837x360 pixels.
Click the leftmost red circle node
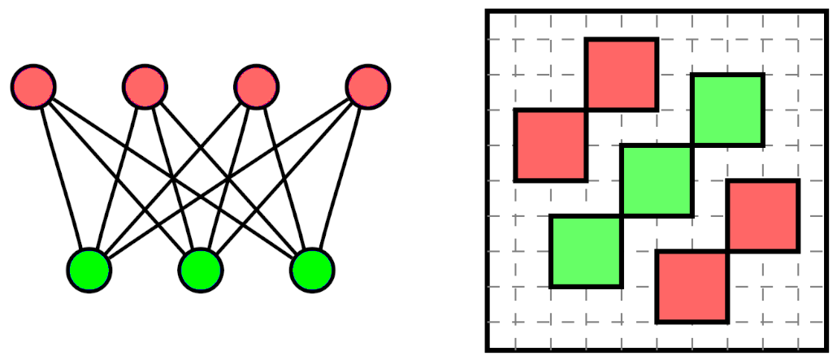(33, 86)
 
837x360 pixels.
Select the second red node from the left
(145, 86)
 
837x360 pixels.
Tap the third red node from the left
(257, 86)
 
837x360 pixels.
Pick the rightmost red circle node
(368, 86)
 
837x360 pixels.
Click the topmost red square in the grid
(622, 74)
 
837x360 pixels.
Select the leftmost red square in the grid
(550, 145)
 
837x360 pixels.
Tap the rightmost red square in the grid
(764, 215)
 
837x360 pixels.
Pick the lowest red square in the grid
(692, 287)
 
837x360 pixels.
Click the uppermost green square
(728, 110)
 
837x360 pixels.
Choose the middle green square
(657, 180)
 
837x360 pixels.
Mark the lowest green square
(586, 251)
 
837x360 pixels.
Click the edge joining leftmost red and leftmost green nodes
(62, 178)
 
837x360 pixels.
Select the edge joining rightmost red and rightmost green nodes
(340, 178)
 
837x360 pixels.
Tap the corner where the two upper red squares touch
(586, 110)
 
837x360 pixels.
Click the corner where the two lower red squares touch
(728, 251)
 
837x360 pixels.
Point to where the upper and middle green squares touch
(692, 145)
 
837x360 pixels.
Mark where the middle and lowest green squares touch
(622, 216)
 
